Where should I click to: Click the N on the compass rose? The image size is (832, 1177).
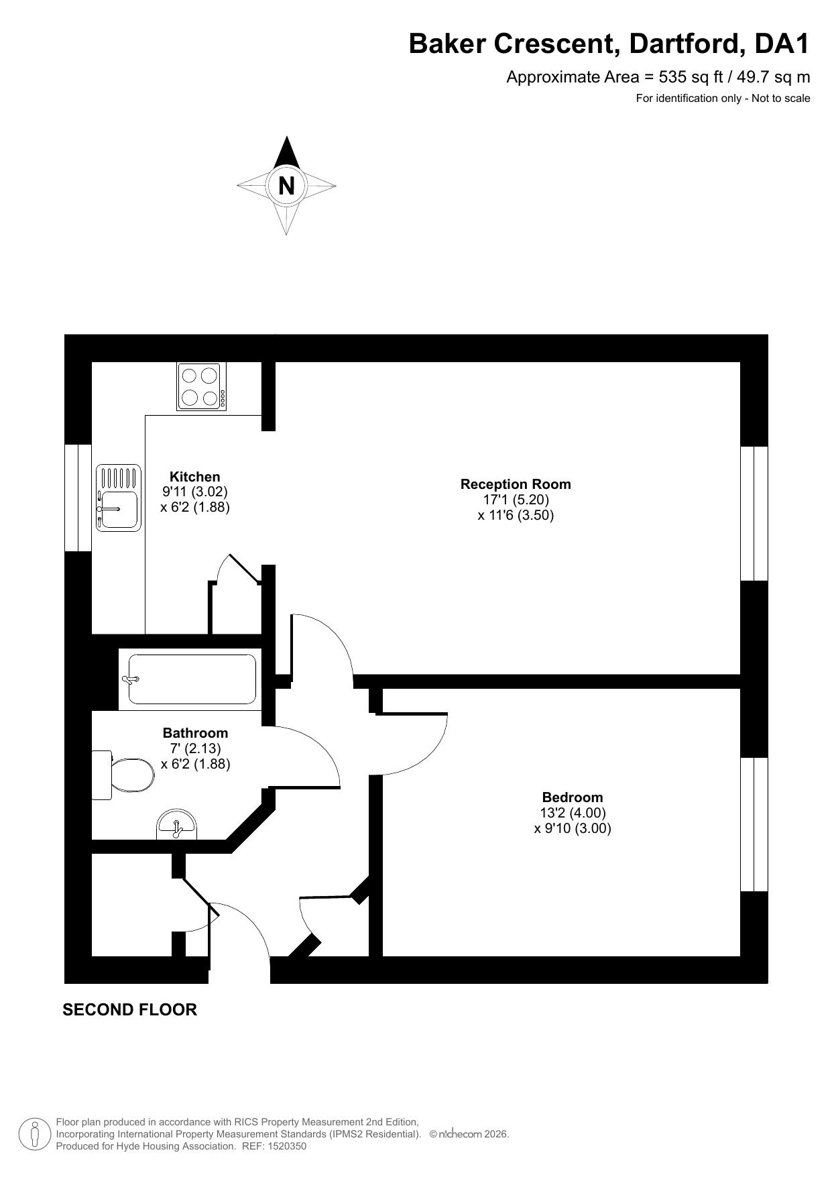[286, 185]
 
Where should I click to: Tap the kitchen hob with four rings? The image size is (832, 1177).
[202, 386]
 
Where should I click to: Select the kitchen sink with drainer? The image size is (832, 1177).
[119, 498]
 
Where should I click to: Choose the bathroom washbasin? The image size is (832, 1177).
[177, 825]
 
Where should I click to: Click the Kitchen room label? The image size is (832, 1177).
[194, 477]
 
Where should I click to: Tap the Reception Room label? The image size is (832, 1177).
[516, 484]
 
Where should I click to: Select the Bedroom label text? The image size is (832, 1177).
[573, 797]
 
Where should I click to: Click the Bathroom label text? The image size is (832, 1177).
[195, 733]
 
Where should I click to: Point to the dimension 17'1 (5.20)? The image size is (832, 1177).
[516, 500]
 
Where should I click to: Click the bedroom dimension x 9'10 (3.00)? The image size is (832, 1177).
[573, 828]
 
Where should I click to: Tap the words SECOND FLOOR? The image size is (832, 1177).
[129, 1009]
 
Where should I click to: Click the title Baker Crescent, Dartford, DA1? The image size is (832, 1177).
[609, 44]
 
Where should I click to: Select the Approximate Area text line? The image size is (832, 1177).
[658, 77]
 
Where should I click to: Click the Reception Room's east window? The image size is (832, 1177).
[754, 513]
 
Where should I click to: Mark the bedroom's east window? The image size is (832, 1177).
[754, 825]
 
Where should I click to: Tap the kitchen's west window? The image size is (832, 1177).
[78, 498]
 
